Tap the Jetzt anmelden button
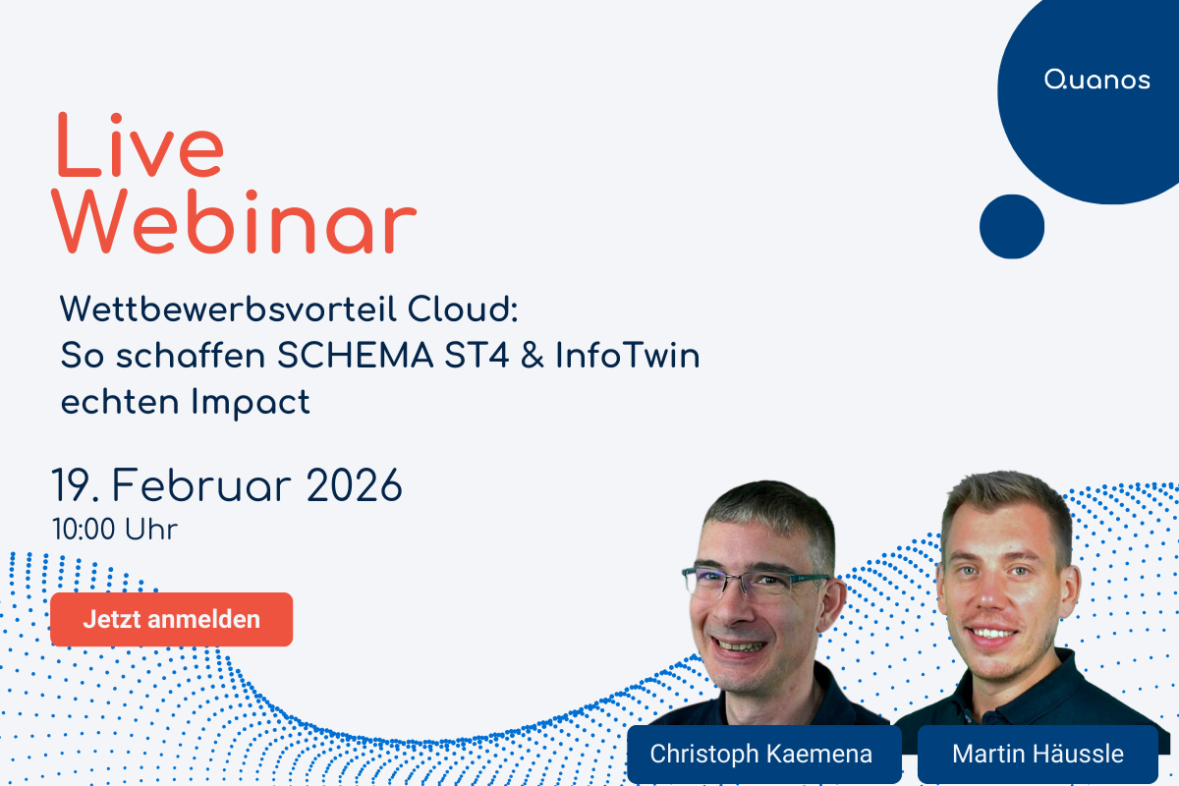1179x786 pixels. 171,619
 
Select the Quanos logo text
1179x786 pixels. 1096,81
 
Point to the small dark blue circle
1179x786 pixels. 1011,226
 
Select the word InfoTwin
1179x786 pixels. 628,357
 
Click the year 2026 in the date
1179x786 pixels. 355,486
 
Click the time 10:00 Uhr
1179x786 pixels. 115,531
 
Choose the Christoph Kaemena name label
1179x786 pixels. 761,754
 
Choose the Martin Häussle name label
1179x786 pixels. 1038,754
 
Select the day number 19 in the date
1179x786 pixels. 74,486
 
